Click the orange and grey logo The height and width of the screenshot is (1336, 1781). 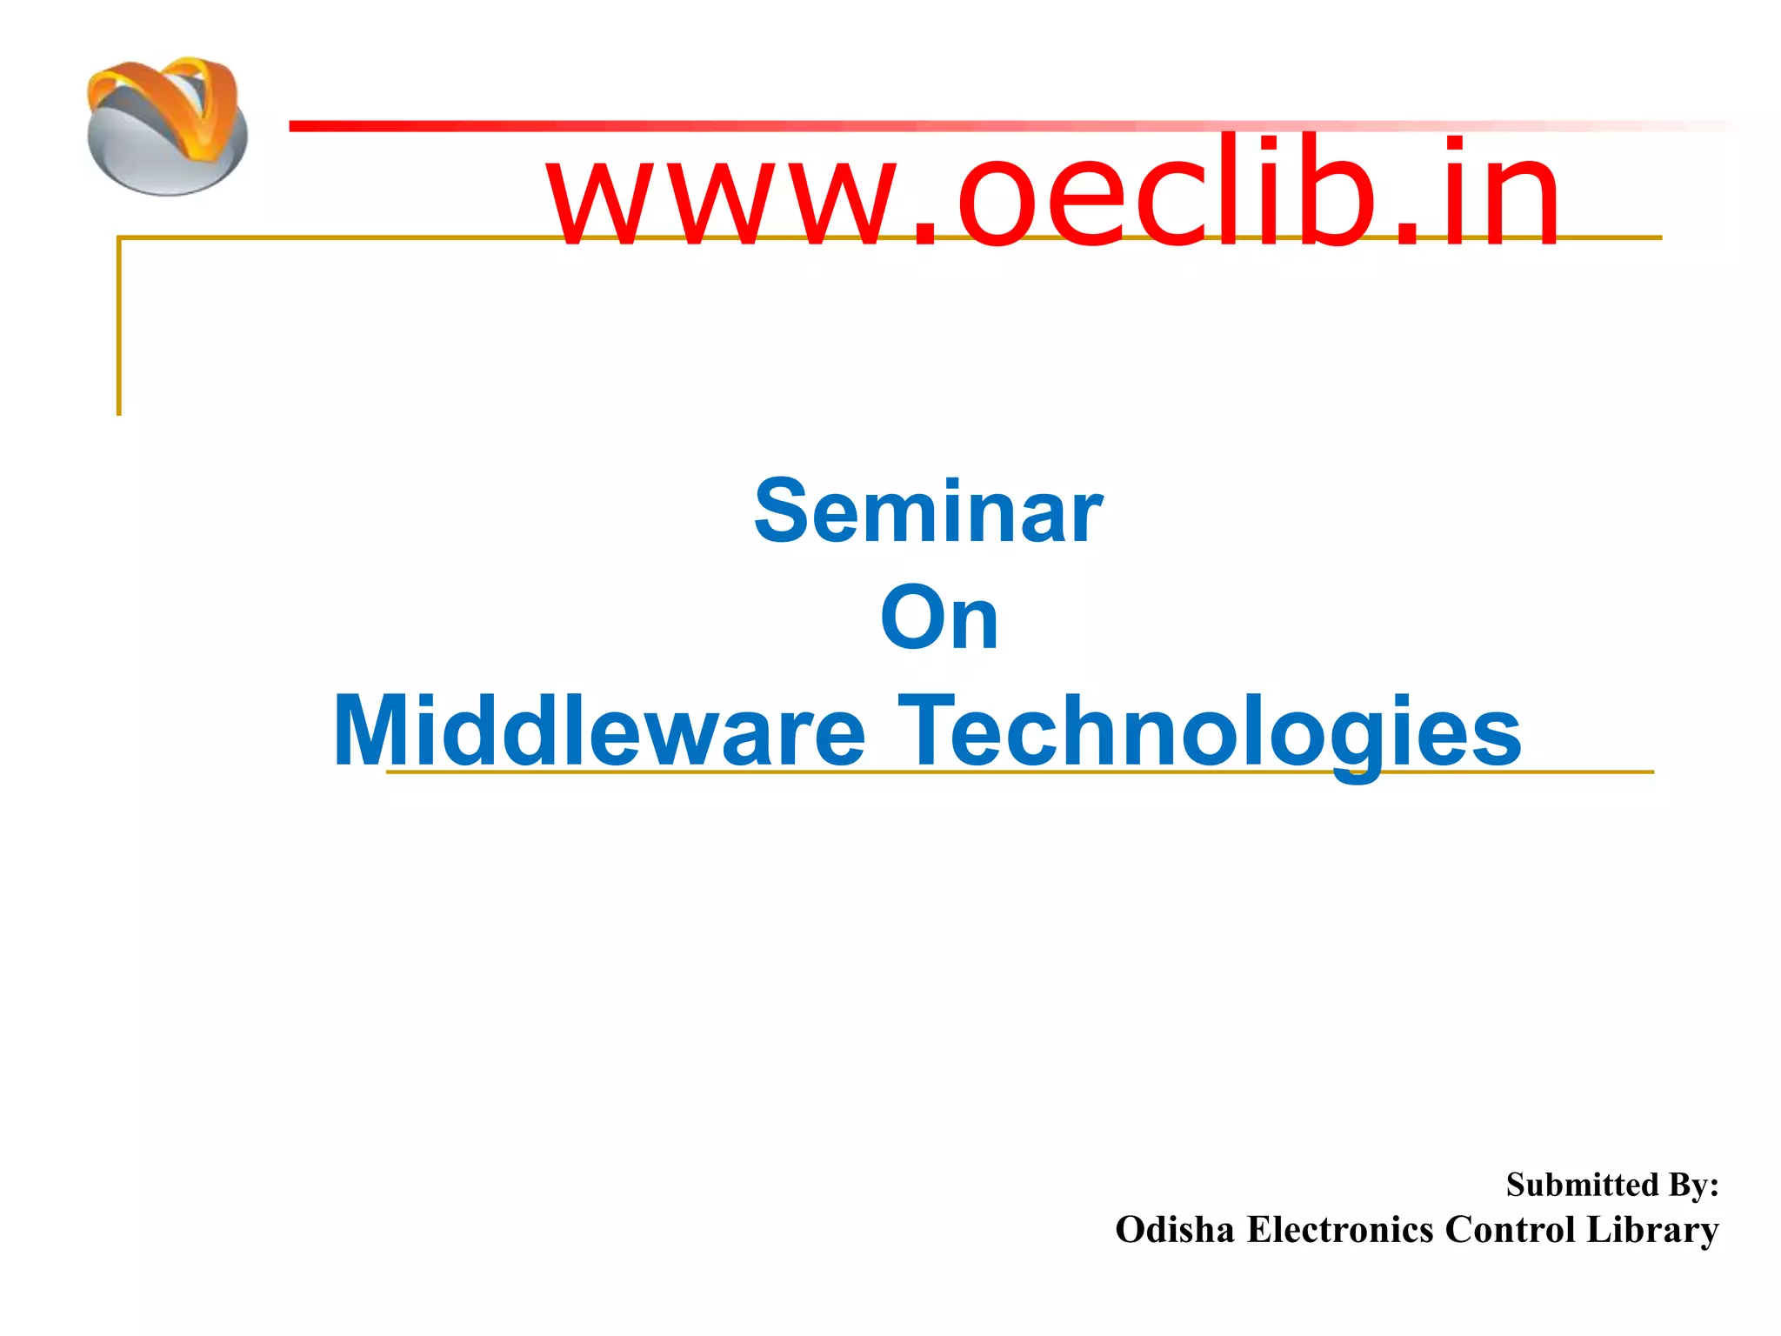pyautogui.click(x=167, y=126)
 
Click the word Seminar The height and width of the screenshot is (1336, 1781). pyautogui.click(x=928, y=512)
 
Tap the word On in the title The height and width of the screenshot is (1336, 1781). pyautogui.click(x=939, y=618)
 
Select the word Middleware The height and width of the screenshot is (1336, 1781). pyautogui.click(x=599, y=731)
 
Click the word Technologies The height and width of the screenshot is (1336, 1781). pyautogui.click(x=1210, y=731)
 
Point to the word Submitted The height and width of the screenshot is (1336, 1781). pyautogui.click(x=1582, y=1185)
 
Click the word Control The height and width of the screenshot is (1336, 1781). pyautogui.click(x=1512, y=1230)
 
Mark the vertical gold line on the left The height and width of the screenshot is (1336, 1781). pyautogui.click(x=119, y=331)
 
